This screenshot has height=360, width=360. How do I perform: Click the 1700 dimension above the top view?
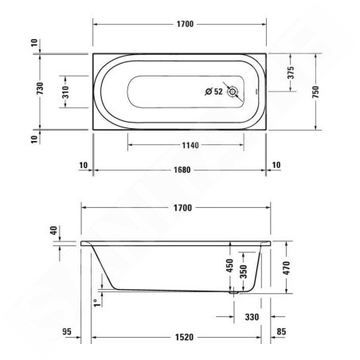click(185, 24)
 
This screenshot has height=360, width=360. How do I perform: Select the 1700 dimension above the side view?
click(182, 208)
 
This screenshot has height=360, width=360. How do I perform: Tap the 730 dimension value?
click(40, 88)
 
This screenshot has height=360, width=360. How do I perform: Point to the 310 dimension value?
click(65, 92)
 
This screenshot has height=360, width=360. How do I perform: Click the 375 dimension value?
click(291, 72)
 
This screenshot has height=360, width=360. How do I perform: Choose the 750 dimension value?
click(315, 92)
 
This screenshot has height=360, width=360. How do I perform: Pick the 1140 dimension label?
click(190, 145)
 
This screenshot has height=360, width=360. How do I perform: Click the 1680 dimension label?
click(182, 170)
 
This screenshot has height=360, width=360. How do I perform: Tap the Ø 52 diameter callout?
click(213, 92)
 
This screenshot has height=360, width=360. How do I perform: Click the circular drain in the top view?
click(233, 92)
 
